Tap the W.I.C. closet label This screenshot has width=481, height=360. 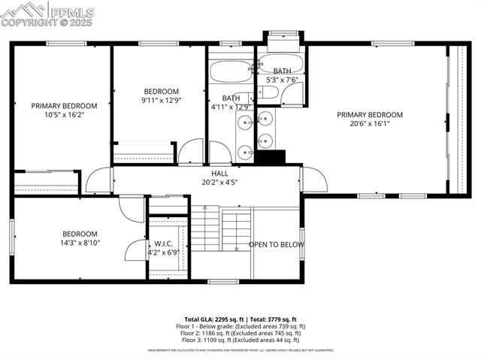164,244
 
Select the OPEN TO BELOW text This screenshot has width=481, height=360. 277,244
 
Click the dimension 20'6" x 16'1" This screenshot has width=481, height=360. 369,124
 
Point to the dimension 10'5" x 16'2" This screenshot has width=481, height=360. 64,116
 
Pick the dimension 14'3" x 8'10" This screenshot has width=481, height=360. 80,243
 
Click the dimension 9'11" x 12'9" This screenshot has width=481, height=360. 161,100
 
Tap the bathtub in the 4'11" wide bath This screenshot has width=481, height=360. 230,72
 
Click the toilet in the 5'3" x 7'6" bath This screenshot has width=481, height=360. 268,94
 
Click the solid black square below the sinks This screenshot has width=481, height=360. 271,157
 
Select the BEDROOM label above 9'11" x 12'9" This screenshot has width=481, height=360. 161,91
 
